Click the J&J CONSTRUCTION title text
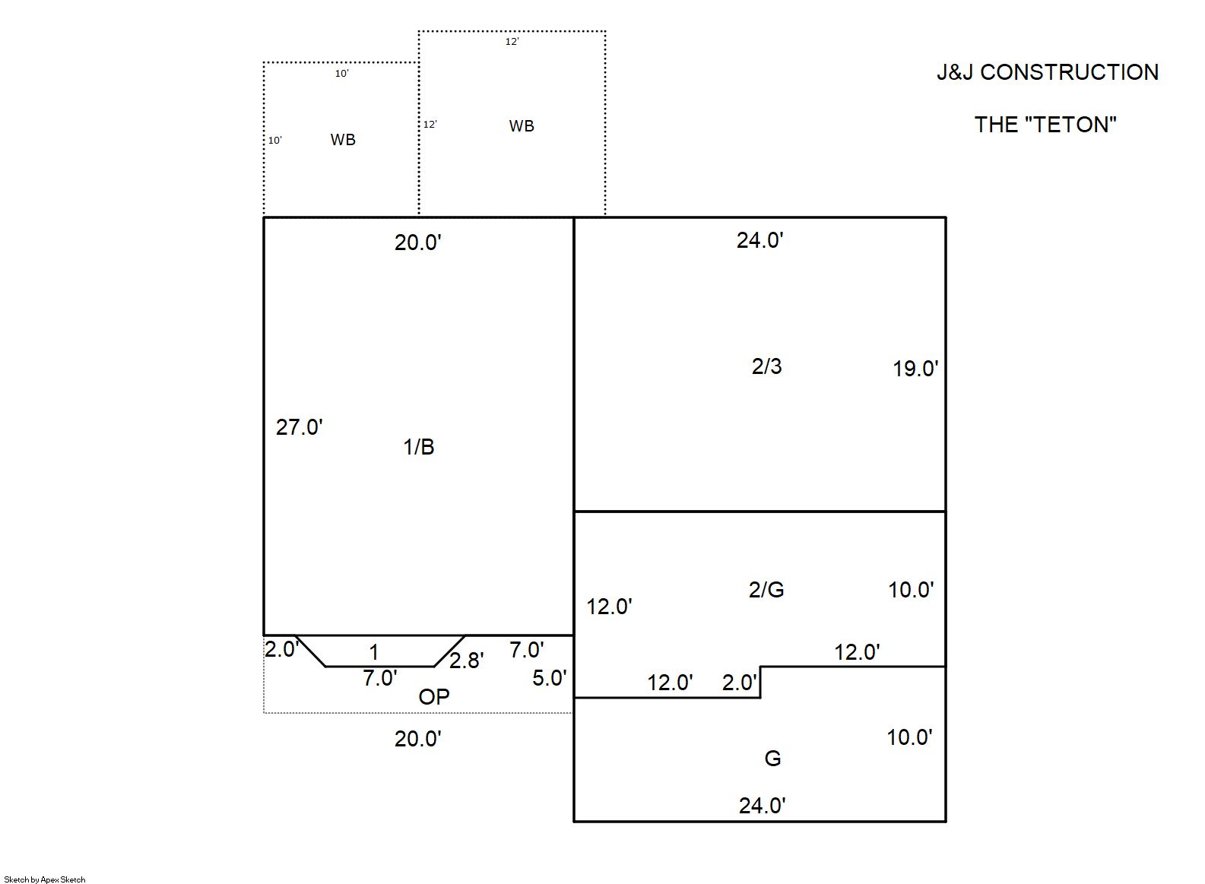(x=1048, y=72)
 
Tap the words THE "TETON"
(x=1045, y=125)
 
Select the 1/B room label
(x=419, y=447)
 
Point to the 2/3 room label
(x=766, y=366)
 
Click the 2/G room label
(x=766, y=590)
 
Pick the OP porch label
(x=433, y=697)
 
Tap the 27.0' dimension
(x=299, y=427)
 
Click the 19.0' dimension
(x=915, y=369)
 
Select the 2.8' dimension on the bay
(x=466, y=661)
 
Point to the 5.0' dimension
(x=549, y=678)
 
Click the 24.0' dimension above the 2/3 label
(x=759, y=240)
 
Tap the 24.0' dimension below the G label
(x=762, y=806)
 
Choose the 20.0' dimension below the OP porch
(x=417, y=740)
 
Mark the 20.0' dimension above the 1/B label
(x=417, y=242)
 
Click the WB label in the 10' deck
(x=343, y=140)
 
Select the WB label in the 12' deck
(x=522, y=126)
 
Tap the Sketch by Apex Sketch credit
(x=45, y=879)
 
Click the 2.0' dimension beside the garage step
(x=739, y=683)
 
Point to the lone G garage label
(x=772, y=759)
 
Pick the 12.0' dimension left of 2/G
(x=609, y=607)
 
